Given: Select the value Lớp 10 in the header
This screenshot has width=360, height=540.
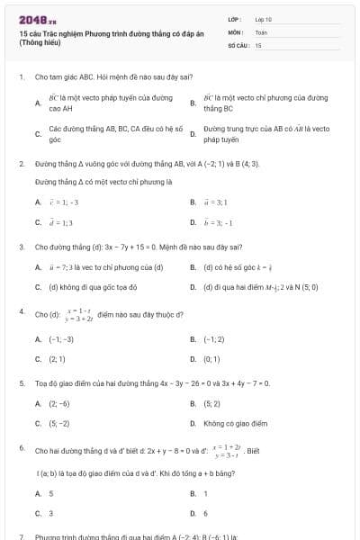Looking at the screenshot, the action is click(x=263, y=19).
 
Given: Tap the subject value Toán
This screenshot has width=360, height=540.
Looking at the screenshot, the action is click(x=261, y=31).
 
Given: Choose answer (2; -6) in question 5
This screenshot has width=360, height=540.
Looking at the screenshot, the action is click(x=59, y=404).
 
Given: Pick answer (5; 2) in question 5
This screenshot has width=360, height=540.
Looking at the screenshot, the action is click(x=211, y=404).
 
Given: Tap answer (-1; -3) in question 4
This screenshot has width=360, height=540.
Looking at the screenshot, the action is click(x=61, y=339).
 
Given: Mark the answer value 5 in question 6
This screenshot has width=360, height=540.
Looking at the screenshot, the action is click(x=51, y=493).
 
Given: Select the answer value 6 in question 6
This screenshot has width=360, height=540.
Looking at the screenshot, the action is click(x=205, y=513).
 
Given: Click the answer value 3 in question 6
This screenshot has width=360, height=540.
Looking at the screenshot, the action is click(x=51, y=513).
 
